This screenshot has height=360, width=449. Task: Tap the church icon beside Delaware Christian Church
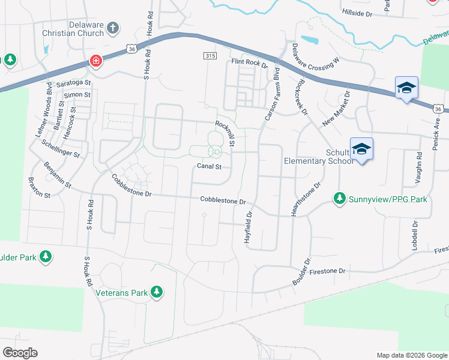click(113, 28)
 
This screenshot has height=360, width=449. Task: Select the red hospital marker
click(95, 61)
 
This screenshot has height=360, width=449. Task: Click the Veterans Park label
click(122, 293)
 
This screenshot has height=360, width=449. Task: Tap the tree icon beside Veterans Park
click(157, 292)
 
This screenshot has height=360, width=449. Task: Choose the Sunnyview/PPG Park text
click(388, 198)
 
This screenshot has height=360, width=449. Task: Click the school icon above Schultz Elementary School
click(361, 149)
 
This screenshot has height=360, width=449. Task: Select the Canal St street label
click(209, 166)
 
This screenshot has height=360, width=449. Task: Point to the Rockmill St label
click(224, 133)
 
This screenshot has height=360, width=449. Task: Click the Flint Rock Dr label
click(249, 62)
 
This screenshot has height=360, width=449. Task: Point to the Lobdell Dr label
click(414, 236)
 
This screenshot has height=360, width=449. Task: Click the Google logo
click(20, 353)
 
